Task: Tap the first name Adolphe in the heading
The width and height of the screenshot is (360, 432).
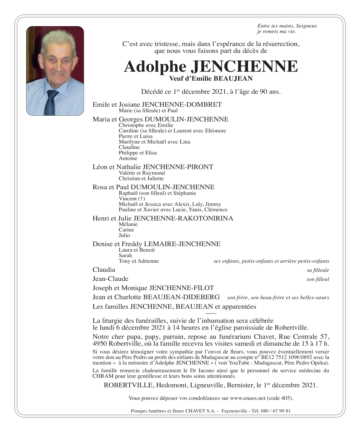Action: click(x=155, y=66)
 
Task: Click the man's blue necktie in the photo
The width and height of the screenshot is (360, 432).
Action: click(x=50, y=102)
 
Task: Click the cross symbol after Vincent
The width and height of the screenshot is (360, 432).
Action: click(x=142, y=199)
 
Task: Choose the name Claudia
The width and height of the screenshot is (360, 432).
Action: click(x=104, y=270)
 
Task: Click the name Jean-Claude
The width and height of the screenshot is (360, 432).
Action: click(x=110, y=279)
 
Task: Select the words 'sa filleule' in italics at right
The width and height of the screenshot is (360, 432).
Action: click(x=318, y=270)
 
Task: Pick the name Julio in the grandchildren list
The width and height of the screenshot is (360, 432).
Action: click(x=124, y=235)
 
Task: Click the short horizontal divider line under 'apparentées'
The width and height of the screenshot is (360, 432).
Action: click(x=211, y=313)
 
